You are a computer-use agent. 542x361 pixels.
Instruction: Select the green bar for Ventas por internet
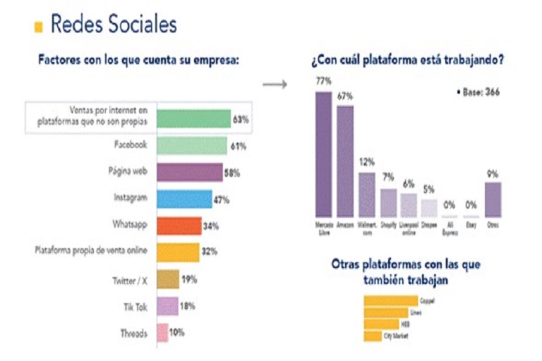pos(193,119)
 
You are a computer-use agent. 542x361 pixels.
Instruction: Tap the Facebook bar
pos(191,146)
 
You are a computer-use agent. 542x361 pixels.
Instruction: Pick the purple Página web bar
pos(189,173)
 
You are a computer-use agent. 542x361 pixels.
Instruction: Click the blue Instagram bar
pos(183,200)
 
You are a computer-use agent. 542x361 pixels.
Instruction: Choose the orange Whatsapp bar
pos(179,226)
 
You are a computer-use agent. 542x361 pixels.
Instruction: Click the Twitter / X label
pos(131,279)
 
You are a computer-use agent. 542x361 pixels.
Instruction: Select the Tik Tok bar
pos(167,306)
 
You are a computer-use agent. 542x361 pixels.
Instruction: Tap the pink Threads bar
pos(162,332)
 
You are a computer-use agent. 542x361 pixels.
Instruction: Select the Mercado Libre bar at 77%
pos(323,153)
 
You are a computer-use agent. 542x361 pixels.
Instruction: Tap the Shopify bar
pos(389,202)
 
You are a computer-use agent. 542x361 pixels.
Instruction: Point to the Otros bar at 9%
pos(493,199)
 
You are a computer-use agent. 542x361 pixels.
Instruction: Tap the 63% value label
pos(241,120)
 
